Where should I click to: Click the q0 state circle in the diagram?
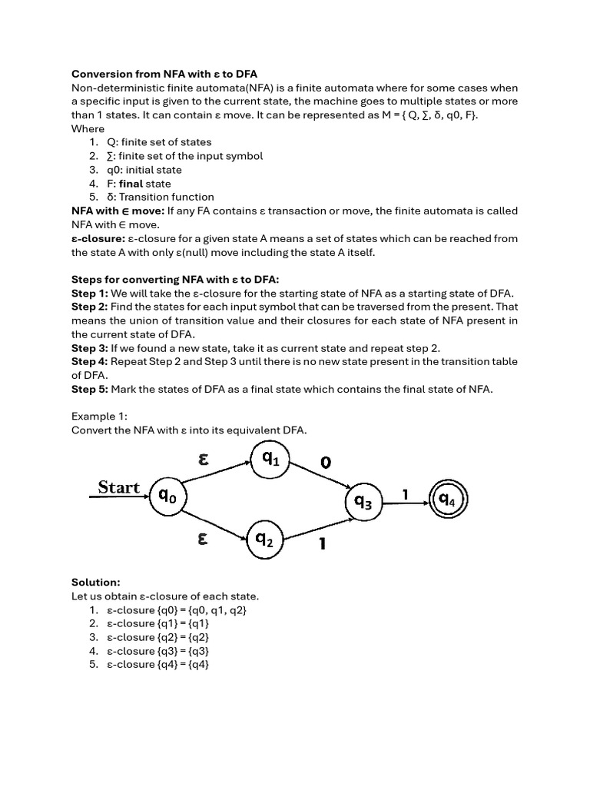click(x=167, y=496)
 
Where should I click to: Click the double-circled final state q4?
click(x=447, y=501)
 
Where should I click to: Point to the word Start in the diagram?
click(x=119, y=487)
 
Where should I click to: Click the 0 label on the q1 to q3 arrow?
click(x=326, y=463)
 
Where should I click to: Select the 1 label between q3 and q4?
click(x=406, y=495)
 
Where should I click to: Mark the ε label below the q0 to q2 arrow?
click(x=203, y=540)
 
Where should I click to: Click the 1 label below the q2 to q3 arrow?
click(x=323, y=544)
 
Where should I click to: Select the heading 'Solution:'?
click(x=96, y=583)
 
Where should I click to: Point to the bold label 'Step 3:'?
click(x=89, y=348)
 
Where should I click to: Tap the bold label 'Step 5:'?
click(x=89, y=389)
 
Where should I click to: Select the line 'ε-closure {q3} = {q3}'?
click(x=158, y=651)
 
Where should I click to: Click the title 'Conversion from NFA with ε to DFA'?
click(x=164, y=74)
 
